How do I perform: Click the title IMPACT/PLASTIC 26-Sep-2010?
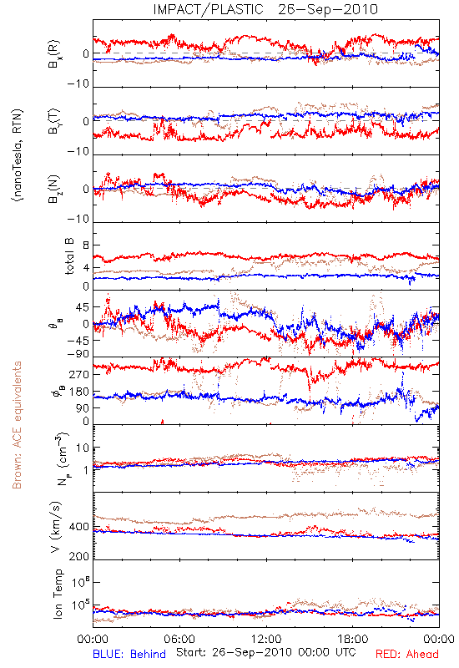pyautogui.click(x=265, y=9)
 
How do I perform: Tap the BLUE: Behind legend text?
pyautogui.click(x=129, y=655)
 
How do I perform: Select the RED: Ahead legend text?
pyautogui.click(x=407, y=655)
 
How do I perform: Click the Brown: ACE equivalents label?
pyautogui.click(x=17, y=425)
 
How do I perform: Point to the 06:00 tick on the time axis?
pyautogui.click(x=179, y=639)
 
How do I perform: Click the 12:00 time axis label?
pyautogui.click(x=266, y=639)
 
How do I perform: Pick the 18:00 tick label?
pyautogui.click(x=353, y=639)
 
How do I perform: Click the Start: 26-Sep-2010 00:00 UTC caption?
pyautogui.click(x=265, y=652)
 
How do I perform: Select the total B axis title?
pyautogui.click(x=69, y=256)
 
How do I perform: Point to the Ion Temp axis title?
pyautogui.click(x=58, y=594)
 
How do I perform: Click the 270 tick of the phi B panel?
pyautogui.click(x=79, y=375)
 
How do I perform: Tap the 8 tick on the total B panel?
pyautogui.click(x=86, y=245)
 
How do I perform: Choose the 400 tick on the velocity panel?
pyautogui.click(x=79, y=527)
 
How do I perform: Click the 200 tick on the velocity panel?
pyautogui.click(x=79, y=556)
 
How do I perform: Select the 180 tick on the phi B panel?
pyautogui.click(x=79, y=392)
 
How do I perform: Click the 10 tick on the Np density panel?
pyautogui.click(x=83, y=448)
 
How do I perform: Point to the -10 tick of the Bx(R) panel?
pyautogui.click(x=78, y=84)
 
